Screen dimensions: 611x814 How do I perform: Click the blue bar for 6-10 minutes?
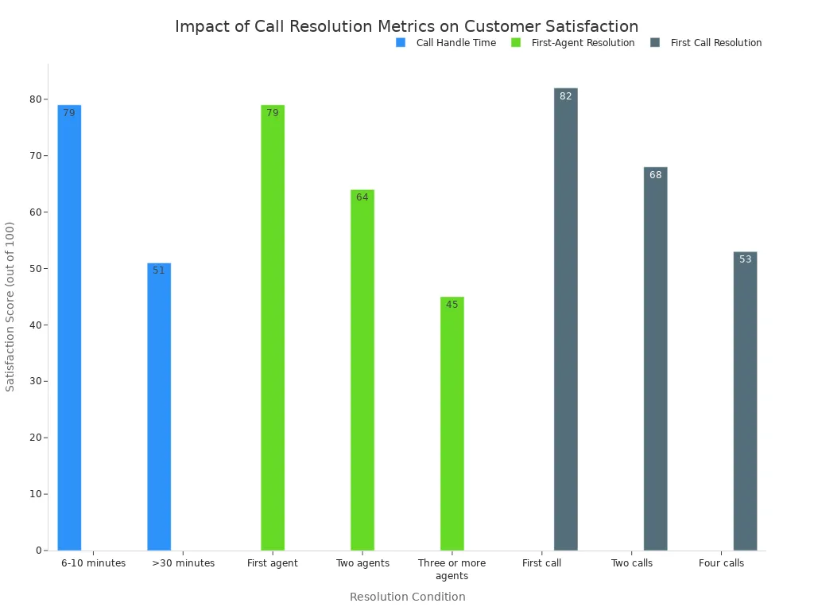point(69,327)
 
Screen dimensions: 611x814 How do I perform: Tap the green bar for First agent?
point(273,327)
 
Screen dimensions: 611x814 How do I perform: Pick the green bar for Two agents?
point(362,369)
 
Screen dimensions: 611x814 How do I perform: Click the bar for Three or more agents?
point(452,423)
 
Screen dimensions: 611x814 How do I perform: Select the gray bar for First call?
point(566,319)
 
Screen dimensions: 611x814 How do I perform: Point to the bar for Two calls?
point(656,358)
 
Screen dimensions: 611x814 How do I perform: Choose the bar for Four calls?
point(745,401)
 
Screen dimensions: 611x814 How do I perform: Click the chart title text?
point(406,26)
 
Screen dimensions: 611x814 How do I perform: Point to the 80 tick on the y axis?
point(35,99)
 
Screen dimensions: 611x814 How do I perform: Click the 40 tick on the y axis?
point(35,325)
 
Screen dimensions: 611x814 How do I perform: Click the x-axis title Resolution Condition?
point(407,597)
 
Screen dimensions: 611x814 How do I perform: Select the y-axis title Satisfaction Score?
point(10,306)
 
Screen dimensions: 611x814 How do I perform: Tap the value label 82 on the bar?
point(566,96)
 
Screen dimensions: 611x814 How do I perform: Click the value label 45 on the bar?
point(452,305)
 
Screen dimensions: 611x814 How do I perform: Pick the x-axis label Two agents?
point(362,563)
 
